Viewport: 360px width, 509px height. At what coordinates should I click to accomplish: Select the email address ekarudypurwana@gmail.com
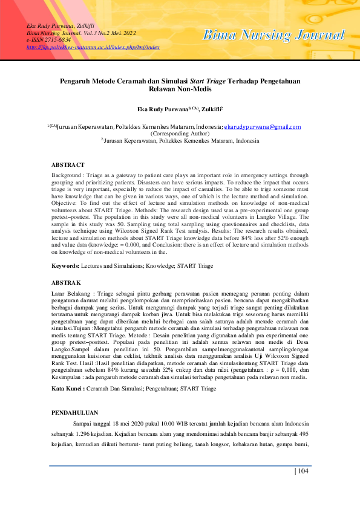click(262, 127)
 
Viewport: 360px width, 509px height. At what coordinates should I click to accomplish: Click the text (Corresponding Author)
click(180, 133)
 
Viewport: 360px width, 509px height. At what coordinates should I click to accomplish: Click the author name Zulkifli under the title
click(207, 109)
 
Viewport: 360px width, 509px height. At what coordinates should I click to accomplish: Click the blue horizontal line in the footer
click(180, 465)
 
